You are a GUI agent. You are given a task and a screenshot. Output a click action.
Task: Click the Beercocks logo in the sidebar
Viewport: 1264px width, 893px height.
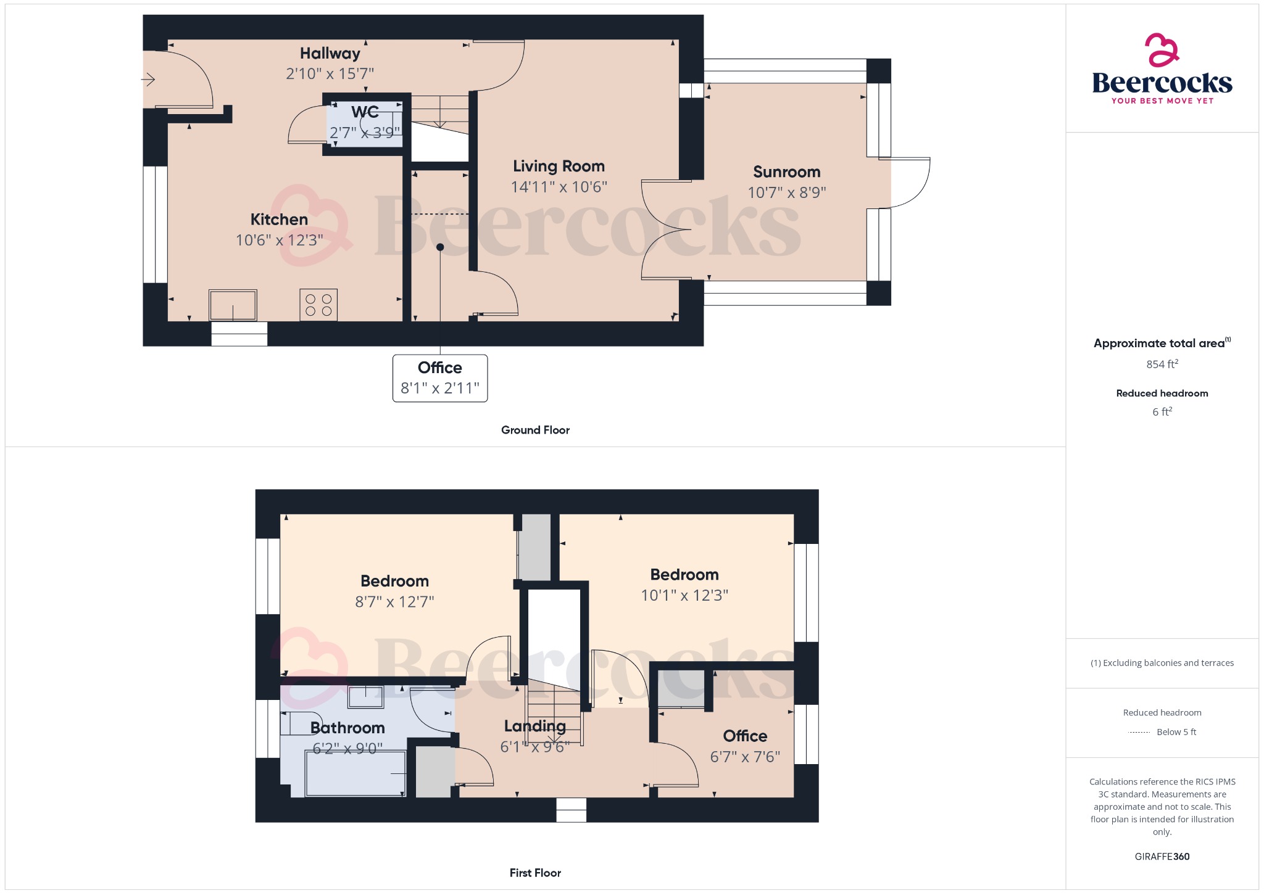click(1162, 70)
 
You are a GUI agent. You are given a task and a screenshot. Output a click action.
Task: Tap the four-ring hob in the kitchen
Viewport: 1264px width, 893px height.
click(318, 305)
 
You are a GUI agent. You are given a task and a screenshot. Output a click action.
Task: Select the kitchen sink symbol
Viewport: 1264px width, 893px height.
click(233, 305)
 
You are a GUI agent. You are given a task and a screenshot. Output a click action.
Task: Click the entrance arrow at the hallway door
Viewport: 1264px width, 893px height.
click(148, 80)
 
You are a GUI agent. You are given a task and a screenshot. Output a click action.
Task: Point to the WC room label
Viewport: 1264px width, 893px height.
click(365, 112)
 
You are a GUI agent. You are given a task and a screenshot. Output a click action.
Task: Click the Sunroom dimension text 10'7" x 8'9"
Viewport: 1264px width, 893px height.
click(786, 192)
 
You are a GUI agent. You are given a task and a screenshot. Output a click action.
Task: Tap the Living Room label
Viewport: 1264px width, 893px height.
click(559, 167)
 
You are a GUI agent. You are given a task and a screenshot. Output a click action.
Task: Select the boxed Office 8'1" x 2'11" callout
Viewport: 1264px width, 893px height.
click(440, 378)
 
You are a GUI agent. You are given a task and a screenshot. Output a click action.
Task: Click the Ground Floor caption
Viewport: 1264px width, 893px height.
click(535, 430)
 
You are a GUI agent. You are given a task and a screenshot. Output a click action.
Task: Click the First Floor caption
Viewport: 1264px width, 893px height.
click(535, 873)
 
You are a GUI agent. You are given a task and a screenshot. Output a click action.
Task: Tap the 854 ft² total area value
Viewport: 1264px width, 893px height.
click(1162, 364)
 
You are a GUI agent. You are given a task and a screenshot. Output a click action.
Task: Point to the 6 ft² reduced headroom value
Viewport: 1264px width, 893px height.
click(1162, 411)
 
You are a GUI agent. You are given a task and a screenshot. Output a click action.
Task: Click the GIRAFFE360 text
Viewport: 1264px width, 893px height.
click(1162, 856)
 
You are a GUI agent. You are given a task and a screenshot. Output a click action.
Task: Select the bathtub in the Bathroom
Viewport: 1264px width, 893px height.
click(356, 773)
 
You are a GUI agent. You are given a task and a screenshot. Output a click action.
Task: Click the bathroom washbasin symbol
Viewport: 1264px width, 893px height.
click(365, 697)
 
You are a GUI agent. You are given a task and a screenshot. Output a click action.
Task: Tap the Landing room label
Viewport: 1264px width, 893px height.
click(534, 726)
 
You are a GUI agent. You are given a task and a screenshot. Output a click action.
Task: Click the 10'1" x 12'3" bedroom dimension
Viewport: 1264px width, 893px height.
click(684, 595)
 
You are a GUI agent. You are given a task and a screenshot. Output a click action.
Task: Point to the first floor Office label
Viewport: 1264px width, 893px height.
click(745, 736)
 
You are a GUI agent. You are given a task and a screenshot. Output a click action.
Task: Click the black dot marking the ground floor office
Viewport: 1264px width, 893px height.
click(440, 247)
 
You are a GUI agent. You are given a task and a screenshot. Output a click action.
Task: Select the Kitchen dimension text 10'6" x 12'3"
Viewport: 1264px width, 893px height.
click(279, 240)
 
